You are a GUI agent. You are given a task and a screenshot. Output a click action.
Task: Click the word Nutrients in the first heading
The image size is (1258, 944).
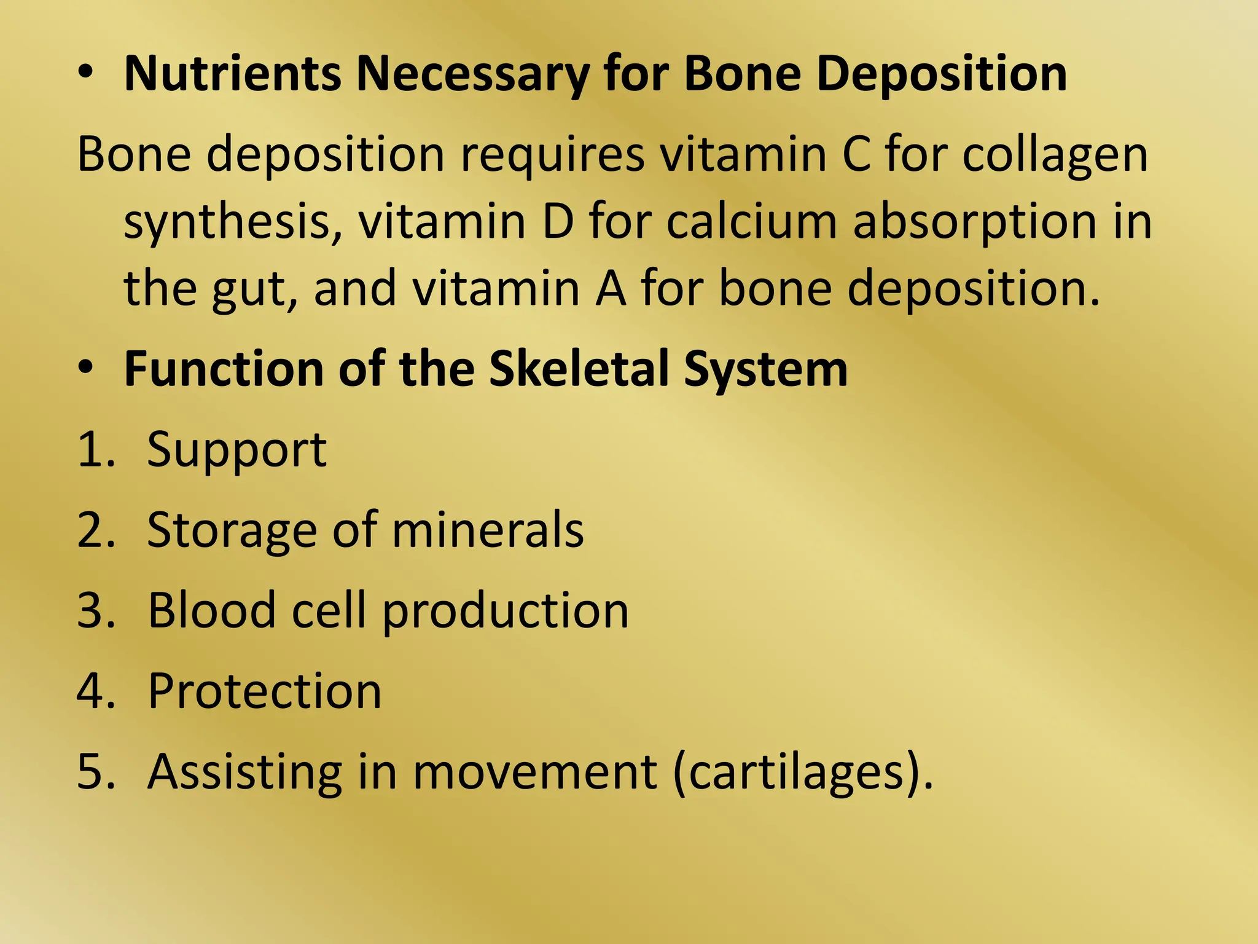(232, 74)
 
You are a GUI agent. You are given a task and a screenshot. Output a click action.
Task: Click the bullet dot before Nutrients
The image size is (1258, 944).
(87, 73)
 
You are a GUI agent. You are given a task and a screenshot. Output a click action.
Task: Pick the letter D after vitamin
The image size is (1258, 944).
(557, 221)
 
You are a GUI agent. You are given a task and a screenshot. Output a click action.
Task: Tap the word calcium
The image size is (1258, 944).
(751, 221)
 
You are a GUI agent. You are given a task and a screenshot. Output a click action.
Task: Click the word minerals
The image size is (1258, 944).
(488, 530)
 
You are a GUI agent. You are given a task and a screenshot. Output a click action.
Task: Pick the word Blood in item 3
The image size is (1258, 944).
(212, 610)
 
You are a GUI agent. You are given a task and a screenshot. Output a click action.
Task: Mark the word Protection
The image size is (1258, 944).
(265, 691)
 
